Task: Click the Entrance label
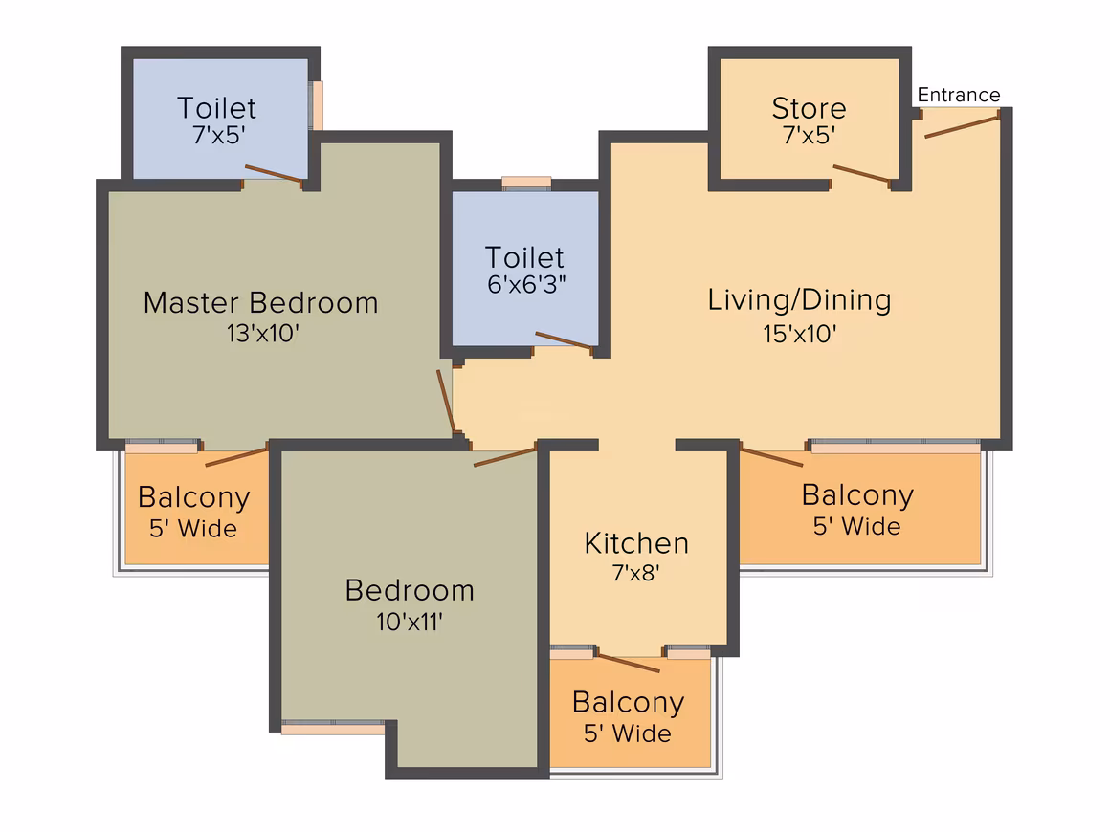click(959, 95)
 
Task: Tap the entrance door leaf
click(962, 126)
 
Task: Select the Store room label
click(810, 108)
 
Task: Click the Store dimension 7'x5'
click(810, 135)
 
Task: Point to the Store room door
click(861, 174)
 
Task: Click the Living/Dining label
click(799, 300)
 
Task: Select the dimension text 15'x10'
click(800, 334)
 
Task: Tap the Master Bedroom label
click(261, 303)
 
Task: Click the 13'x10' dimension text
click(263, 333)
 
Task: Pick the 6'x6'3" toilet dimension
click(526, 284)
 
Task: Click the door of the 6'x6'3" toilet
click(564, 340)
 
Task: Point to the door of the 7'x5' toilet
click(274, 174)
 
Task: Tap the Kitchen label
click(636, 543)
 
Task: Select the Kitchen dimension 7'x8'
click(636, 572)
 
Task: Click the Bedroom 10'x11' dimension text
click(410, 622)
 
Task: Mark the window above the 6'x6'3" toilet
click(526, 183)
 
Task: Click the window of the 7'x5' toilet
click(317, 105)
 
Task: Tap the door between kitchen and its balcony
click(629, 664)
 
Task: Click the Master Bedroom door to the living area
click(445, 401)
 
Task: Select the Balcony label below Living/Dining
click(857, 495)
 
